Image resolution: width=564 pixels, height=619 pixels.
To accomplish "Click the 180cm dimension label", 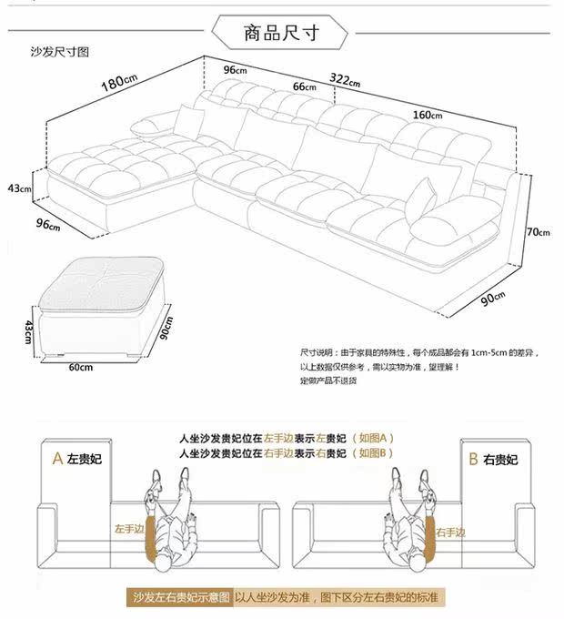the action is pos(118,83).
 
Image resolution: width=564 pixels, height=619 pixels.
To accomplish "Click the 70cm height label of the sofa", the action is pos(539,232).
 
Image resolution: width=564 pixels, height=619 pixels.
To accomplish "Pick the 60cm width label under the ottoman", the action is pos(80,368).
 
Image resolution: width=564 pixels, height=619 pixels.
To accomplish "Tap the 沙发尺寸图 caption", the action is pos(60,54).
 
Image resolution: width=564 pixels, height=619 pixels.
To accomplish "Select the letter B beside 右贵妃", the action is pos(472,458).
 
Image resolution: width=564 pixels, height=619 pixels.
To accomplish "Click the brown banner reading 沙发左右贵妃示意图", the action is pos(178,598).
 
